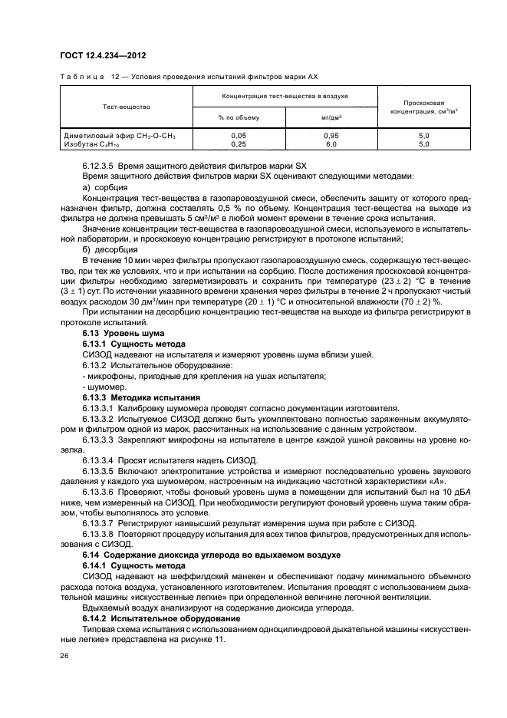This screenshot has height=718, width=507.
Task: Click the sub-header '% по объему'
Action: [239, 117]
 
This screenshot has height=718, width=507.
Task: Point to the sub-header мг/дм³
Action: [331, 117]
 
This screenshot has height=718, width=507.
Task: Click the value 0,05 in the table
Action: [239, 135]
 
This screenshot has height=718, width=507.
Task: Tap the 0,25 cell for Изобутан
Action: [239, 143]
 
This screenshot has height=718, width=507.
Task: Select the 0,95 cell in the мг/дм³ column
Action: [331, 135]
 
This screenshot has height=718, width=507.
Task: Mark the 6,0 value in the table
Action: [331, 143]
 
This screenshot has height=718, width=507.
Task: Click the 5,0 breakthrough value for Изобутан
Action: [423, 143]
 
